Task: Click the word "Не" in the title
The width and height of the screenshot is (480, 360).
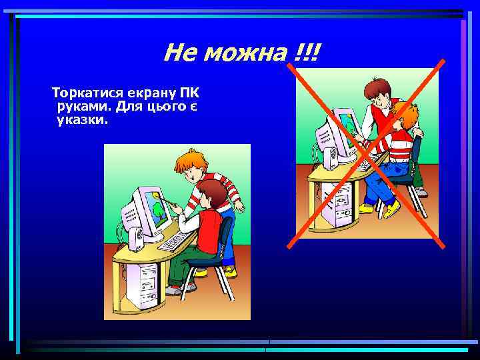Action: pos(179,52)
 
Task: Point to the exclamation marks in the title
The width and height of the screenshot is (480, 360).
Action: pos(305,52)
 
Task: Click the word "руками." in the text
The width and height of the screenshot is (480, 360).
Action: pos(83,107)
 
